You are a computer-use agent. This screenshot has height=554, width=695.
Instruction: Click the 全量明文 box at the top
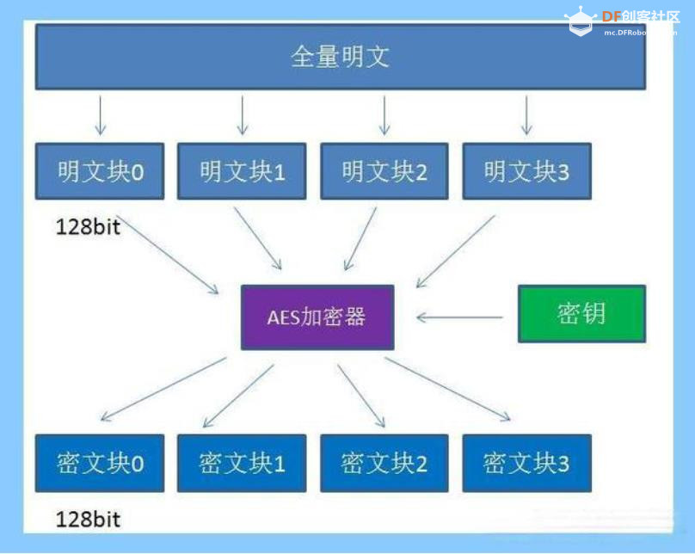[341, 57]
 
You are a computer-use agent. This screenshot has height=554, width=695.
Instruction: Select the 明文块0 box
[100, 171]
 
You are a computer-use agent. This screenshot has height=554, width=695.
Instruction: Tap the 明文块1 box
[242, 171]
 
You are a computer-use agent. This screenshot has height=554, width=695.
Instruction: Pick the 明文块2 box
[384, 171]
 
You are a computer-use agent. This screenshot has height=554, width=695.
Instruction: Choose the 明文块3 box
[526, 171]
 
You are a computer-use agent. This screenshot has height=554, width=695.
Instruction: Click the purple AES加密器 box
[317, 317]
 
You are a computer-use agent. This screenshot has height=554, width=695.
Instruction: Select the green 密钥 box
[581, 314]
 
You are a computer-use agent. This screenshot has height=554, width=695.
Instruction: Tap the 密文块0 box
[100, 463]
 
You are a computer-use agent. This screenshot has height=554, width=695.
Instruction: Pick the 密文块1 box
[242, 463]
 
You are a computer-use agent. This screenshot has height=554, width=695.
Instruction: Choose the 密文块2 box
[384, 463]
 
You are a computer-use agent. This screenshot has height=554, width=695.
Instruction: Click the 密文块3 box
[526, 463]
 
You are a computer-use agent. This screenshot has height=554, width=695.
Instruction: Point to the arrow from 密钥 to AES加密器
[459, 317]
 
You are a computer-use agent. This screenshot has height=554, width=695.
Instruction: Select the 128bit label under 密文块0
[88, 519]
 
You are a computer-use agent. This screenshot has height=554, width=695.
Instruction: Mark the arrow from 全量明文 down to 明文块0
[100, 114]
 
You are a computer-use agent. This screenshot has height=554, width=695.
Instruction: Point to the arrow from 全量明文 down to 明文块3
[526, 114]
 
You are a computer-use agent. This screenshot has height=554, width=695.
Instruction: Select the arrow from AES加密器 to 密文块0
[163, 389]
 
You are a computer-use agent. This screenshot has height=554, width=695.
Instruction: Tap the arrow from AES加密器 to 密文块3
[448, 389]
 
